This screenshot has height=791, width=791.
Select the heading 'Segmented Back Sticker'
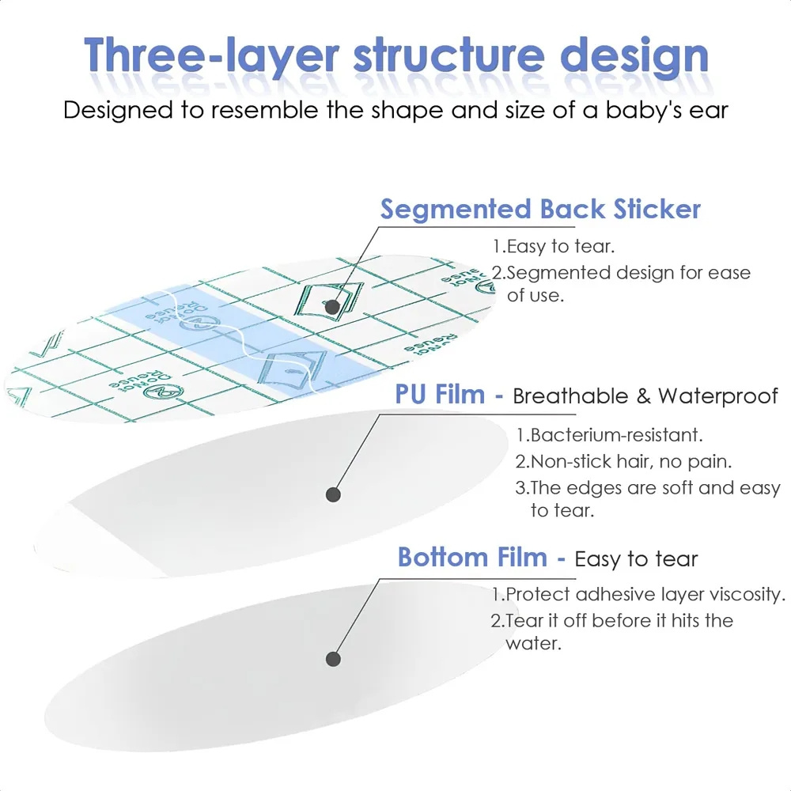click(x=540, y=210)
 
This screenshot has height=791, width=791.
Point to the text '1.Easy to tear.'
click(x=554, y=246)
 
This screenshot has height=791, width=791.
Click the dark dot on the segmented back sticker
click(x=332, y=306)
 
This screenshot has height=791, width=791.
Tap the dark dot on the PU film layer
click(x=333, y=494)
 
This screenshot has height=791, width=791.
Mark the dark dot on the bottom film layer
click(x=333, y=659)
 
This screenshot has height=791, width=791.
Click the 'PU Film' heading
click(x=439, y=394)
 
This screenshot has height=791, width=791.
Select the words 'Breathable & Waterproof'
click(x=645, y=396)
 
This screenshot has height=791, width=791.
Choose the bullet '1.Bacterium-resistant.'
click(x=609, y=435)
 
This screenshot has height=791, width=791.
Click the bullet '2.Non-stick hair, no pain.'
click(x=623, y=462)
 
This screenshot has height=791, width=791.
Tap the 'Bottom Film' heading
click(x=472, y=558)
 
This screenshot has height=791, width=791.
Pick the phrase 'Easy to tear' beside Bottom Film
click(x=636, y=559)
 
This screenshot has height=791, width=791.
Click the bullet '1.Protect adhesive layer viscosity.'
click(x=638, y=594)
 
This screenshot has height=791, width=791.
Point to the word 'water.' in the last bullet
click(x=533, y=644)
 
